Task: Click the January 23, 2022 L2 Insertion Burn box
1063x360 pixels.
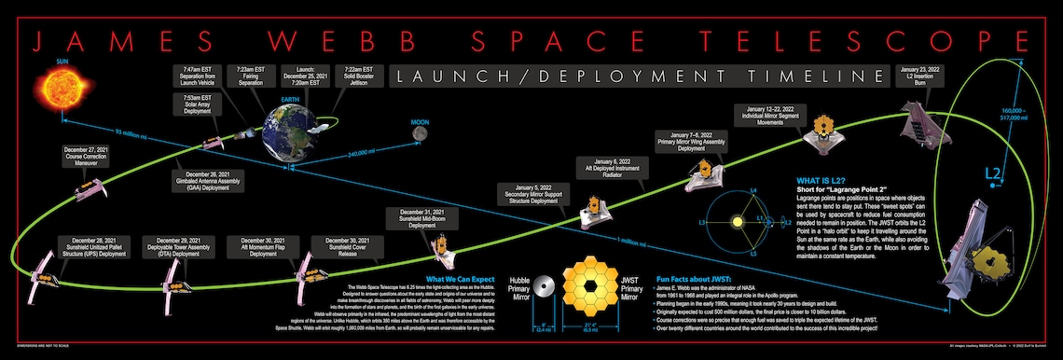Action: click(x=923, y=74)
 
